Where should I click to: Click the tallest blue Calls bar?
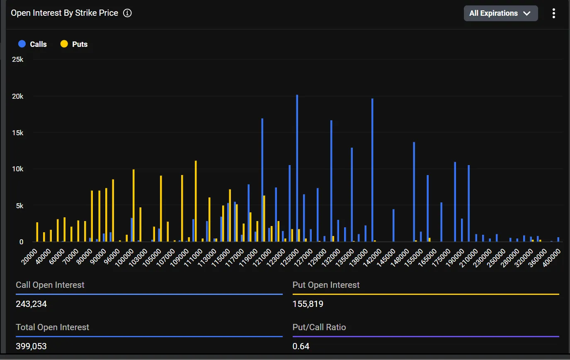coord(297,168)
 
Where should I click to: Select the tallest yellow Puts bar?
coord(196,201)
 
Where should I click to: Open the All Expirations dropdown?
coord(500,13)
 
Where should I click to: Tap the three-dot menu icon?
coord(553,13)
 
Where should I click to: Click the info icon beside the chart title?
coord(128,13)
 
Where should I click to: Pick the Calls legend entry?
coord(33,44)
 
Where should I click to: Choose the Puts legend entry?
coord(74,44)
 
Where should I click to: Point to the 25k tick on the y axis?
coord(18,60)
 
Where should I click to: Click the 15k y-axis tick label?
coord(18,133)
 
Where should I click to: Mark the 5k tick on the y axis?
coord(19,206)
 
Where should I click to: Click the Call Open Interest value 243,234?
coord(32,304)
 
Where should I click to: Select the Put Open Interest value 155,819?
coord(308,304)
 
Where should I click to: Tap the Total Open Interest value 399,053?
coord(32,346)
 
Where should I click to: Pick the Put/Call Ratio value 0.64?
coord(301,346)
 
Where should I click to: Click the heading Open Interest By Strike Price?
coord(65,13)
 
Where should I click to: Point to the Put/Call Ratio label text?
coord(319,327)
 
